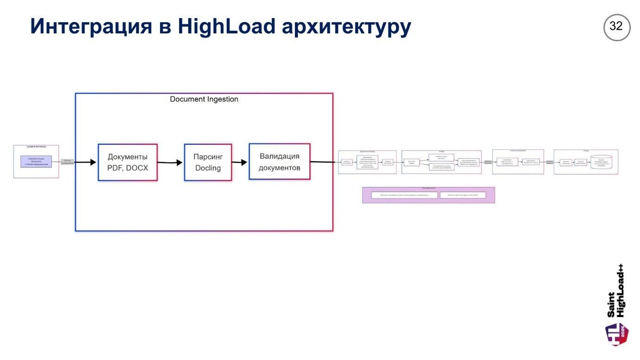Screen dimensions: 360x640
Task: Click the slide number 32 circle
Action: tap(616, 27)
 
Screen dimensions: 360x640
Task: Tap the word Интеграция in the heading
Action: tap(91, 26)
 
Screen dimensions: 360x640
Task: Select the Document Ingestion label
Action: tap(204, 99)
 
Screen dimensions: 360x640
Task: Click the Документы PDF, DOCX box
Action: tap(128, 162)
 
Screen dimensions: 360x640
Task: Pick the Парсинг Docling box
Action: tap(208, 162)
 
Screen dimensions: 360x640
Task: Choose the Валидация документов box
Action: tap(279, 162)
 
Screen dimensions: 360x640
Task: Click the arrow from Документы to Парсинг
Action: tap(170, 163)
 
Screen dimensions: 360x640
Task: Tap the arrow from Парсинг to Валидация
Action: tap(240, 162)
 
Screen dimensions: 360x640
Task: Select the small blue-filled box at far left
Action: tap(36, 161)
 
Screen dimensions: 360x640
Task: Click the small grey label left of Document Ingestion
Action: tap(67, 162)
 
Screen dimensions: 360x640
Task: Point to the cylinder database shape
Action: tap(602, 162)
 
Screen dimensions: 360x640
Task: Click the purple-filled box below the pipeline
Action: tap(429, 195)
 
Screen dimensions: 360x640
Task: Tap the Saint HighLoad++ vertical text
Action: tap(616, 291)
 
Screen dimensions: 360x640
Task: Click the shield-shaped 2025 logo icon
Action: tap(617, 334)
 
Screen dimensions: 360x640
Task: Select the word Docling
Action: tap(208, 168)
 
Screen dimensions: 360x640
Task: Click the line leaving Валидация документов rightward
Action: tap(322, 162)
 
